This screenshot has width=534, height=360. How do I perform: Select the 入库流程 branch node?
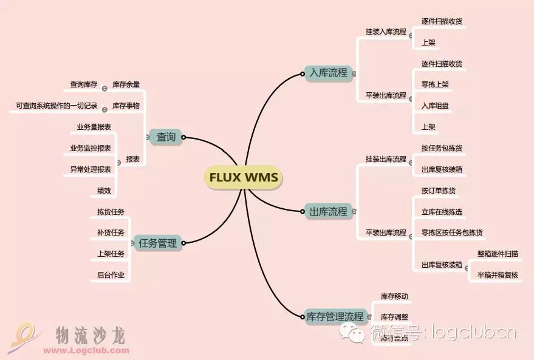point(328,73)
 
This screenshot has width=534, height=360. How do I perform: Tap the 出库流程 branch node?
point(328,212)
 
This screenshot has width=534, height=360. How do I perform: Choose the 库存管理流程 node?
point(335,316)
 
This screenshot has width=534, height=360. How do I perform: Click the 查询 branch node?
point(166,137)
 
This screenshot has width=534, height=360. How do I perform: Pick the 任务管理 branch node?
point(157,243)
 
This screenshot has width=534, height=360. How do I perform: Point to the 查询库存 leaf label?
point(83,85)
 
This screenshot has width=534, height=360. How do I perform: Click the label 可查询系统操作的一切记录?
point(56,106)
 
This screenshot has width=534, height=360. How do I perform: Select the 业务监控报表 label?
point(91,148)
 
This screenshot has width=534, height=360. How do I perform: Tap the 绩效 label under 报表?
point(104,191)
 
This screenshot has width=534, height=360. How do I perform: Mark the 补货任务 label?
point(111,233)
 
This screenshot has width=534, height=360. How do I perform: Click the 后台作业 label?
point(111,275)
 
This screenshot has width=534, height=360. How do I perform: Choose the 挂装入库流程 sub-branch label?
point(386,32)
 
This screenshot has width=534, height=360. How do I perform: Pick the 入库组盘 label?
point(435,106)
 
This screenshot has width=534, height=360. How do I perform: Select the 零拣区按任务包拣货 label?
point(453,233)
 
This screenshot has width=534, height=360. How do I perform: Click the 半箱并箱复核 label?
point(498,275)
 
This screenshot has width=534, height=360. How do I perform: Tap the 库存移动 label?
point(394,296)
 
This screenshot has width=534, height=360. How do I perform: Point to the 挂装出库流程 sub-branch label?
point(386,159)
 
